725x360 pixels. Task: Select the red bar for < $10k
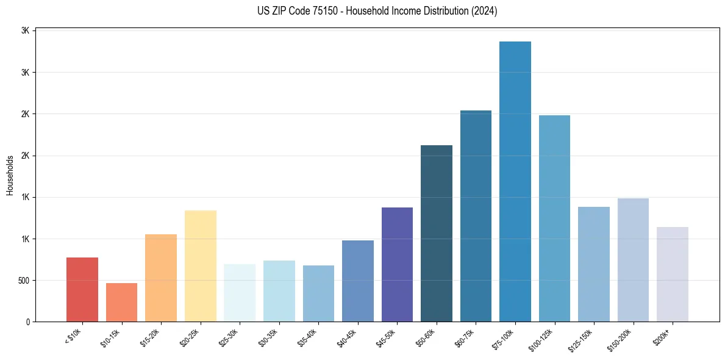[x=82, y=289]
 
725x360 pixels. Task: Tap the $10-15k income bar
[x=121, y=302]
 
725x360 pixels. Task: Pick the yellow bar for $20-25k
[x=201, y=265]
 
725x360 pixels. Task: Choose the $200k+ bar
[x=673, y=274]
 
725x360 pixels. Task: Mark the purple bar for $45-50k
[x=397, y=264]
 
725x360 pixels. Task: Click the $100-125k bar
[x=554, y=218]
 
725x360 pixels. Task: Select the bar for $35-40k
[x=318, y=293]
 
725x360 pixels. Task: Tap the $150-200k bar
[x=633, y=259]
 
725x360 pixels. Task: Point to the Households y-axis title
[x=10, y=175]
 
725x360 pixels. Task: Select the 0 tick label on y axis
[x=27, y=322]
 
